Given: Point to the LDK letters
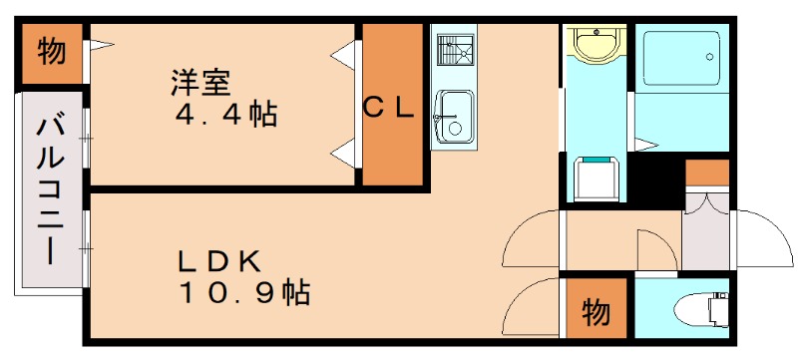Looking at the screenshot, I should pyautogui.click(x=221, y=262).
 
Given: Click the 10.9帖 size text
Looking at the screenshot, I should pyautogui.click(x=244, y=294).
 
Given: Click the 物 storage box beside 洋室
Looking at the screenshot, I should pyautogui.click(x=52, y=52).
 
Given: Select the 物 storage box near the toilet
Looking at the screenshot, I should pyautogui.click(x=596, y=311).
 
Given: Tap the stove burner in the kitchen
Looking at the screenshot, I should pyautogui.click(x=455, y=50).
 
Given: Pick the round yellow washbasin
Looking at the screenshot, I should pyautogui.click(x=598, y=46).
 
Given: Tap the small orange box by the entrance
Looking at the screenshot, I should pyautogui.click(x=707, y=172).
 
